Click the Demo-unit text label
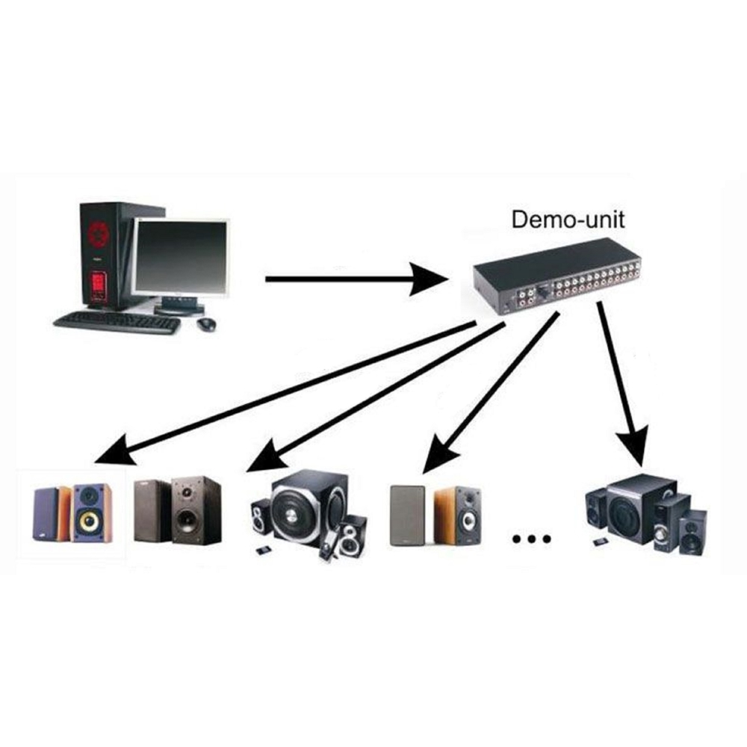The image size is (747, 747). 568,220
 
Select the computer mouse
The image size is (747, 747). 206,324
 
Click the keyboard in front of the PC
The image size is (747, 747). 117,323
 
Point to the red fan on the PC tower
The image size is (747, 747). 98,234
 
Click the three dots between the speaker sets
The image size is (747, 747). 532,539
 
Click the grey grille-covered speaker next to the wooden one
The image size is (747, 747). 407,515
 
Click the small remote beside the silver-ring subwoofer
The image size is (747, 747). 261,551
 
